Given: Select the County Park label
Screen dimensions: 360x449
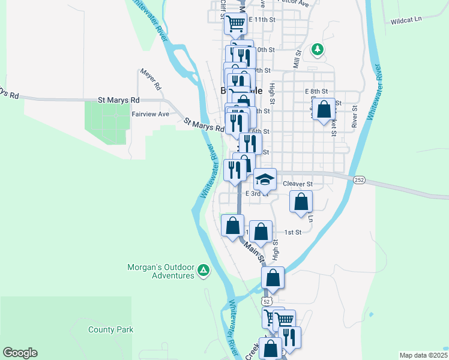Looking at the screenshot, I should pyautogui.click(x=110, y=329).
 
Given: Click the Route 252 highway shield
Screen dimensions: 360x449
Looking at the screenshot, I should pyautogui.click(x=359, y=179).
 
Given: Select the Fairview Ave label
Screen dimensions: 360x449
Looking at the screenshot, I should pyautogui.click(x=150, y=114).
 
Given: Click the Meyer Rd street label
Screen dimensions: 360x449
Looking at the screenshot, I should pyautogui.click(x=151, y=79).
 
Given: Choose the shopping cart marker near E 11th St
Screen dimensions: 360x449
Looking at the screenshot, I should pyautogui.click(x=236, y=23).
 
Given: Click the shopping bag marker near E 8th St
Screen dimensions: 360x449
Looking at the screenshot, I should pyautogui.click(x=324, y=109).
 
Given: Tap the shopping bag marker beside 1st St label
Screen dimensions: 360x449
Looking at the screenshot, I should pyautogui.click(x=261, y=231).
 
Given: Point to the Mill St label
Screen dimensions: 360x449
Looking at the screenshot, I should pyautogui.click(x=296, y=59).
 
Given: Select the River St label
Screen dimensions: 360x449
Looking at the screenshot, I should pyautogui.click(x=355, y=117).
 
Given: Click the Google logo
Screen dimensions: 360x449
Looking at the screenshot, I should pyautogui.click(x=20, y=353).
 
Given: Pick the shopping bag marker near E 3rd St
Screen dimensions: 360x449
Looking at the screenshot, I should pyautogui.click(x=301, y=202).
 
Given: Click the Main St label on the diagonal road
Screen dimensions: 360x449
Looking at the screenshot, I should pyautogui.click(x=255, y=250).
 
